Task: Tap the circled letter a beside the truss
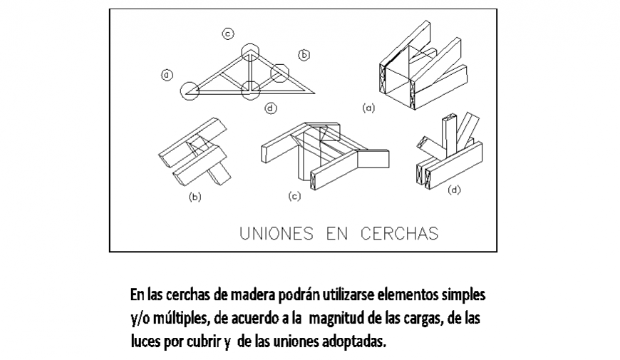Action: tap(166, 73)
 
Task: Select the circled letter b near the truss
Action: tap(304, 54)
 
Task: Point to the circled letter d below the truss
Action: tap(270, 108)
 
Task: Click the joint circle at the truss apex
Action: tap(250, 51)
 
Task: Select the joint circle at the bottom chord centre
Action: tap(250, 91)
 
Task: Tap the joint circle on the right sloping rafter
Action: tap(280, 71)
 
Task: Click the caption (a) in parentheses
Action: tap(368, 108)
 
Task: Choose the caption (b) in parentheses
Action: tap(195, 197)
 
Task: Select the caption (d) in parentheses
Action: tap(454, 190)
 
